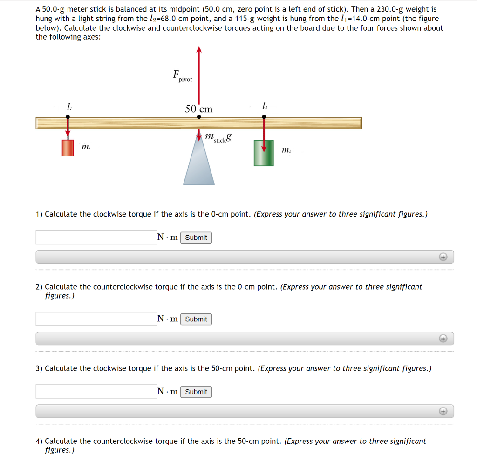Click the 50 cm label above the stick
199,109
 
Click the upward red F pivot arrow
199,75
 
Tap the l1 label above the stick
69,107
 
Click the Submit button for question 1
196,238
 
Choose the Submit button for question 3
196,392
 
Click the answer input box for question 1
96,237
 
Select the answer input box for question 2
96,319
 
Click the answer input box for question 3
96,391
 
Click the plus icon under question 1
443,257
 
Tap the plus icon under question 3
443,411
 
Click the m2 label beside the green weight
286,150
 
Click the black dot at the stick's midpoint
199,117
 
